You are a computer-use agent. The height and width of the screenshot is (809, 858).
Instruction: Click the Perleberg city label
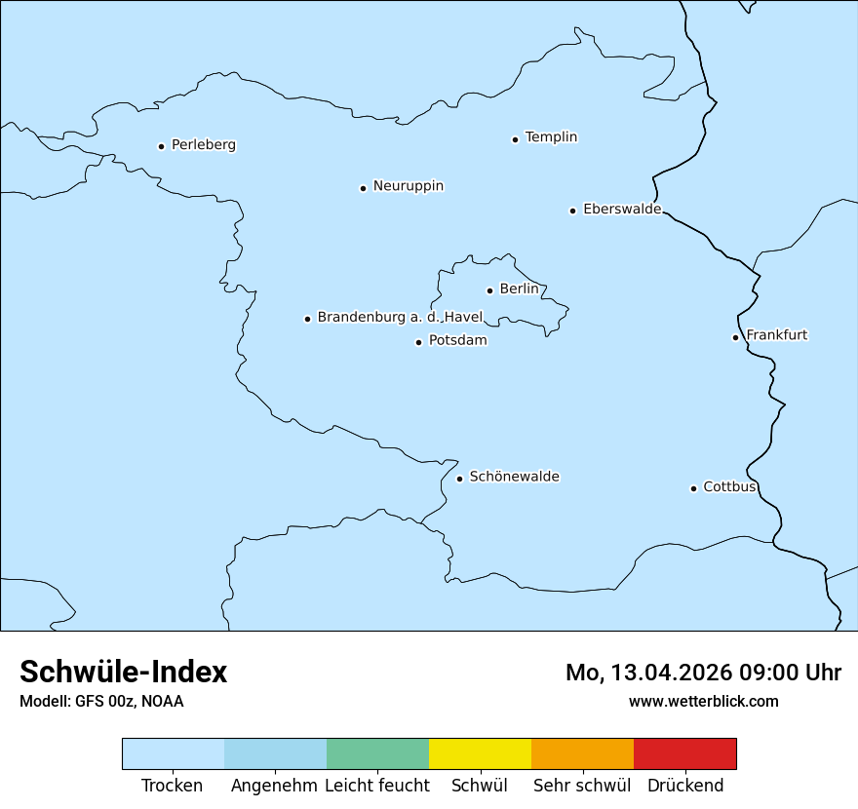click(203, 145)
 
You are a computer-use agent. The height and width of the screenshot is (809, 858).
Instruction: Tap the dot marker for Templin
click(515, 139)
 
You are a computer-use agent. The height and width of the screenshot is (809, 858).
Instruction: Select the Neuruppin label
click(408, 186)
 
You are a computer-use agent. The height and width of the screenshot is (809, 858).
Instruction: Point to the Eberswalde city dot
click(572, 211)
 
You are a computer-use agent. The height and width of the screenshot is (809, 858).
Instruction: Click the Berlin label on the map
click(519, 289)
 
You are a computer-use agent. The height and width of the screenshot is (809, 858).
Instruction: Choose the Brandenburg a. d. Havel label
click(400, 318)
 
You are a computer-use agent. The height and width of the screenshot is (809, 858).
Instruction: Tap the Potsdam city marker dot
click(418, 342)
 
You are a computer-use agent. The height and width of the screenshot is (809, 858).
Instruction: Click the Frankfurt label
click(776, 335)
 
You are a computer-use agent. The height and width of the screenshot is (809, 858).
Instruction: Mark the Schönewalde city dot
click(459, 479)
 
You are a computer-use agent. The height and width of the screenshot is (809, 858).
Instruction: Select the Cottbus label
click(729, 487)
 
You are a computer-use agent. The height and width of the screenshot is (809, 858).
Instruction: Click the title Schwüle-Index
click(124, 672)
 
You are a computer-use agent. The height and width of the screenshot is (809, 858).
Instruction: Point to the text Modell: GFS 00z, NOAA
click(101, 701)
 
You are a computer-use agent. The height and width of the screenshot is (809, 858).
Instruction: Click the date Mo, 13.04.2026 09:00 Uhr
click(703, 673)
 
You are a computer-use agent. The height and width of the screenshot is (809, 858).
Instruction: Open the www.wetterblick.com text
click(703, 701)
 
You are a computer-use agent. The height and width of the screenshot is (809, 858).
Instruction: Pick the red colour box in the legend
click(684, 753)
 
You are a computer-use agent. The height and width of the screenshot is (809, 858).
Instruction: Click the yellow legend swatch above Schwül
click(480, 753)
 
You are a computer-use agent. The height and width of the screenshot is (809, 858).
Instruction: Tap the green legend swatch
click(377, 753)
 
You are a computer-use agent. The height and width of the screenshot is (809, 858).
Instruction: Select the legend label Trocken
click(173, 786)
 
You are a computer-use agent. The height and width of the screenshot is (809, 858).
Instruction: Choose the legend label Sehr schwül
click(582, 786)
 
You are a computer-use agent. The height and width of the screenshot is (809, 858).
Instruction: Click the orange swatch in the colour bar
click(582, 753)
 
